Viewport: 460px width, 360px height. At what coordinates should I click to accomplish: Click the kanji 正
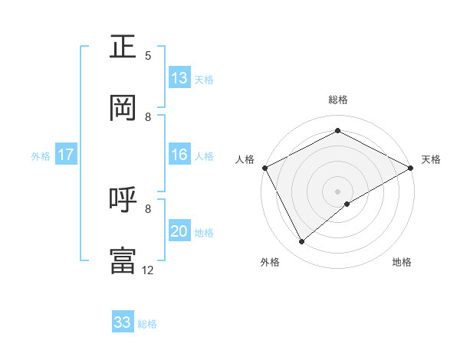[123, 47]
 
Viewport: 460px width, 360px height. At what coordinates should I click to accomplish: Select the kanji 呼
[123, 200]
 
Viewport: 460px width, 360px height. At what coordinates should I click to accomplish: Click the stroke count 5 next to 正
[148, 56]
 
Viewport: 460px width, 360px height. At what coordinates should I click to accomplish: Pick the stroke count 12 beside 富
[148, 270]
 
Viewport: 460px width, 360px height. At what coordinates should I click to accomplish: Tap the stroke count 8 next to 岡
[148, 117]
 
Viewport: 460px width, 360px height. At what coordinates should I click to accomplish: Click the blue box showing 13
[179, 78]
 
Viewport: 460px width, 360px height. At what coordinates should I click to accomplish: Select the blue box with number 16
[179, 155]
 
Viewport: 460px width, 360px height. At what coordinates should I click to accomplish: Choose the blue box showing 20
[179, 231]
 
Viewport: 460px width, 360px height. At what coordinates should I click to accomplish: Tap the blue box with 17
[66, 155]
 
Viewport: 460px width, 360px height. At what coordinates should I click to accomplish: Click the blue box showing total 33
[123, 322]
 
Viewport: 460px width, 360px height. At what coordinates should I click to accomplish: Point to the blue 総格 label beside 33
[147, 324]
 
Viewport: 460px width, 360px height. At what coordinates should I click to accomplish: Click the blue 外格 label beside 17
[41, 156]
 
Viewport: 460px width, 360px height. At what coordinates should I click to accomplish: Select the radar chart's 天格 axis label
[431, 159]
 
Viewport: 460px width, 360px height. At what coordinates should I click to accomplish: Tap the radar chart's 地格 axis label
[402, 263]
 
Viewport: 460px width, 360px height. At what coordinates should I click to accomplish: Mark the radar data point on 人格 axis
[264, 168]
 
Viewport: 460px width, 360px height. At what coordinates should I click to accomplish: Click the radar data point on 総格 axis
[337, 131]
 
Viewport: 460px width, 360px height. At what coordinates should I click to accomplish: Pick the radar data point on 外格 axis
[302, 242]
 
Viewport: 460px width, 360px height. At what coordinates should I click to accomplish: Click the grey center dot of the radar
[337, 191]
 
